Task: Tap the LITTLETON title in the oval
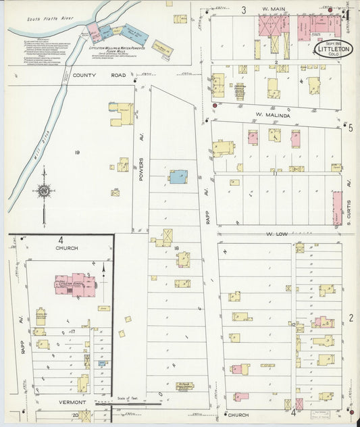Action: pyautogui.click(x=332, y=50)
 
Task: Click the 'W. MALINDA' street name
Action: pyautogui.click(x=272, y=116)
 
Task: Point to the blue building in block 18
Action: pyautogui.click(x=178, y=176)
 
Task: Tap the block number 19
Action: pyautogui.click(x=77, y=153)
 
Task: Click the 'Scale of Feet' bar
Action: pyautogui.click(x=125, y=403)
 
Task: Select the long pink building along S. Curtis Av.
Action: pyautogui.click(x=337, y=207)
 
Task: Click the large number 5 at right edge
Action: pyautogui.click(x=351, y=128)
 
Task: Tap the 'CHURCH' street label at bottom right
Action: pyautogui.click(x=238, y=414)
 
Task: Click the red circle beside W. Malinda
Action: pyautogui.click(x=215, y=105)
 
